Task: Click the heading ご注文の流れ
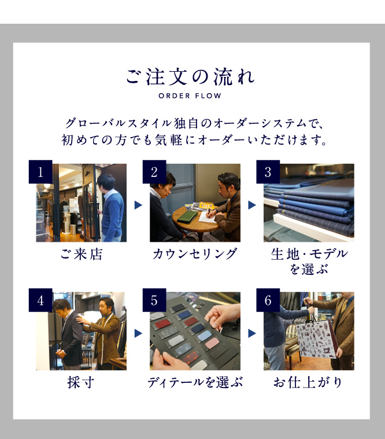coord(190,77)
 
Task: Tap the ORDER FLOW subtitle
coord(190,96)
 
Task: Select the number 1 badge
coord(40,172)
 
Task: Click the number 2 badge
coord(154,172)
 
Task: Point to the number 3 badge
coord(268,172)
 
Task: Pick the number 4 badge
coord(40,300)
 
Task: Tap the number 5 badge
coord(154,300)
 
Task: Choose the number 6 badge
coord(268,300)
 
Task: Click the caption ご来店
coord(82,254)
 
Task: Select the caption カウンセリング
coord(195,254)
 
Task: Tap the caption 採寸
coord(81,382)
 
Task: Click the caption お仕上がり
coord(308,382)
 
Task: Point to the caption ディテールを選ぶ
coord(195,382)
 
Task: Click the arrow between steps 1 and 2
coord(138,205)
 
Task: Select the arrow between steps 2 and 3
coord(252,205)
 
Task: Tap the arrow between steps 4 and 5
coord(138,333)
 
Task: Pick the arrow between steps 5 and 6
coord(252,333)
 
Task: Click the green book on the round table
coord(187,217)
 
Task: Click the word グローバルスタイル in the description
coord(119,123)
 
